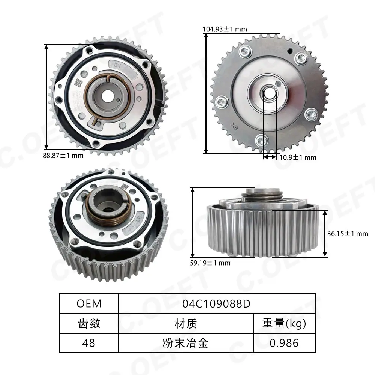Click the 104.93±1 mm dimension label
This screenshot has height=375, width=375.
(x=225, y=29)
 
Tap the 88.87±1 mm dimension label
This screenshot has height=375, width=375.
(x=63, y=156)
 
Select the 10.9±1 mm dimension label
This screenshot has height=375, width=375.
(x=298, y=157)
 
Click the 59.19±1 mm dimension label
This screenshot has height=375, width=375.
(x=210, y=263)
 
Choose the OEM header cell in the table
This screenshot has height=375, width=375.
(x=89, y=303)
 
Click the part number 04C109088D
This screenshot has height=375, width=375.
(x=216, y=303)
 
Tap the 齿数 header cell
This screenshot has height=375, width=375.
(x=89, y=323)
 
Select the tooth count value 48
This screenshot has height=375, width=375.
(x=89, y=343)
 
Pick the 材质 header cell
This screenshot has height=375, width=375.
(x=186, y=323)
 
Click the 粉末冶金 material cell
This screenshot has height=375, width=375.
(x=186, y=343)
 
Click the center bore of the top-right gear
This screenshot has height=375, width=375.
(x=269, y=92)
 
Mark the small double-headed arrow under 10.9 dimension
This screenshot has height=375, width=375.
(x=270, y=157)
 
